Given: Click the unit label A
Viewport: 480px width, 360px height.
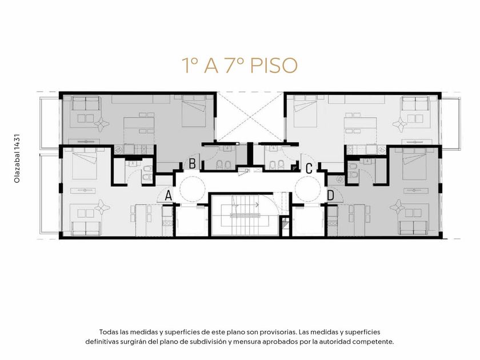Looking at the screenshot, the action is coord(168,195).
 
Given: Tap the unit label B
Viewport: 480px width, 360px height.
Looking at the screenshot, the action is coord(192,163).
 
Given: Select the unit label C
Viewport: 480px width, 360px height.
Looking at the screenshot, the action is coord(309,168).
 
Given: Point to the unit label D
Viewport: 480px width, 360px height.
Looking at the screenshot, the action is coord(331,195).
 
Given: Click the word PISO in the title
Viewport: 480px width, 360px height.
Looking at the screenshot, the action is coord(274,65).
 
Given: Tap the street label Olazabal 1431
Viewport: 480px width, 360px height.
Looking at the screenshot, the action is coord(17,159).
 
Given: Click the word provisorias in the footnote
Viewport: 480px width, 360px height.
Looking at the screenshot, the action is coord(278,332).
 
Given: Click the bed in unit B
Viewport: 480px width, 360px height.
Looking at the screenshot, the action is coord(194,111).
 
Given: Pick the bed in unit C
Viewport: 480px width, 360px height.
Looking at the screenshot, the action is coord(305,111).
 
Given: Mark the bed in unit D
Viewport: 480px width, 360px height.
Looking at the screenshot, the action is coord(414,164).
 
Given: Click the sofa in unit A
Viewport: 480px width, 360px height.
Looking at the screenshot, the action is coord(86,229).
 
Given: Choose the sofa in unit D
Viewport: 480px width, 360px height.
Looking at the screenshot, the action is coord(414,228).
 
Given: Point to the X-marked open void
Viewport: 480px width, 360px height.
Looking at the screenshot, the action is coord(250,117).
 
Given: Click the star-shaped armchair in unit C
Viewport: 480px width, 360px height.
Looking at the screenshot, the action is coord(400,125).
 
